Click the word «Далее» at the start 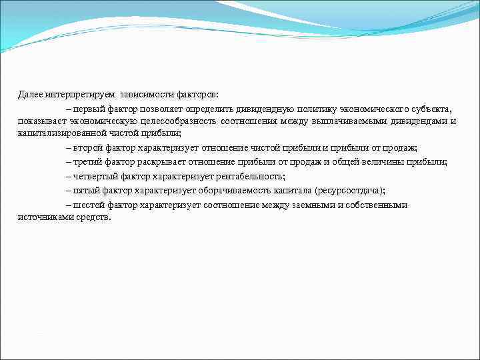[x=29, y=95]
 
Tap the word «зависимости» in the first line [x=147, y=95]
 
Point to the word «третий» [x=87, y=162]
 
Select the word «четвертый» [x=95, y=176]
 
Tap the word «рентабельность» [x=250, y=176]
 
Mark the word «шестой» [x=89, y=205]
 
